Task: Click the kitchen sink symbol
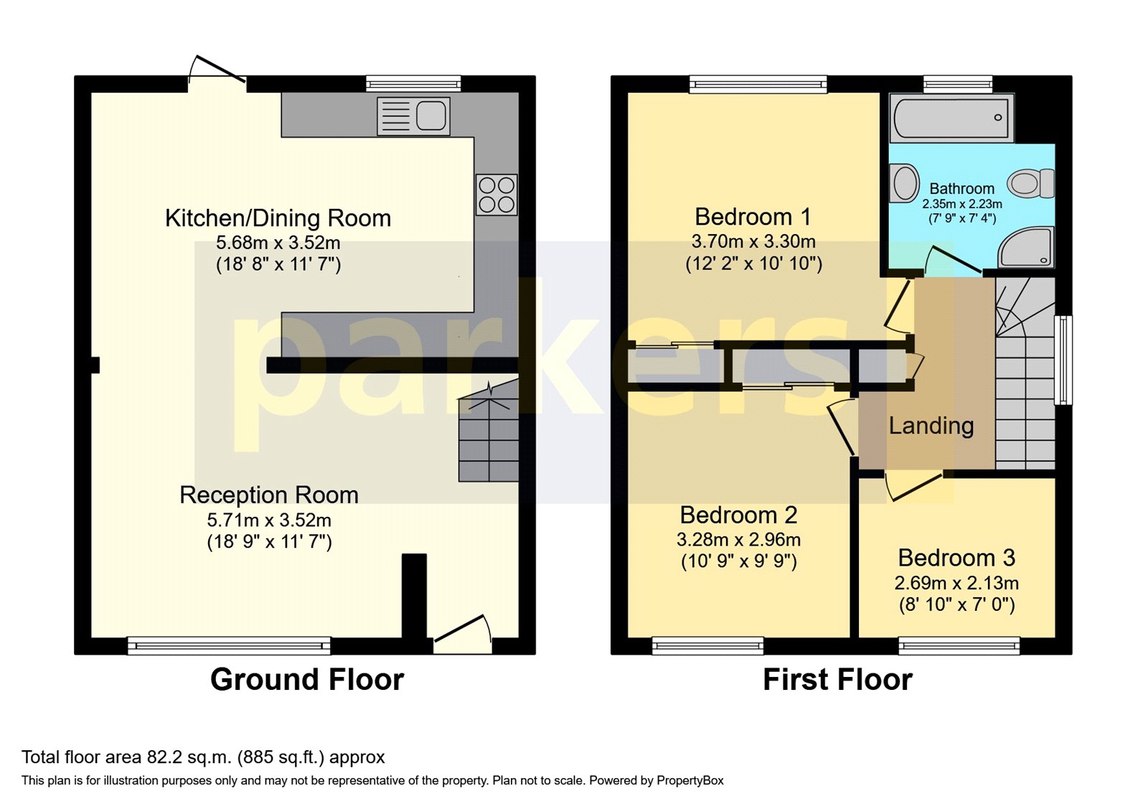tap(414, 116)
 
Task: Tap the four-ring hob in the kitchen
tap(497, 195)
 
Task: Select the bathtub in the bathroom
tap(952, 118)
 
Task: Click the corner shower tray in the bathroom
tap(1027, 247)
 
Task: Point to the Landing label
tap(931, 426)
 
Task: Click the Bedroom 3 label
tap(956, 558)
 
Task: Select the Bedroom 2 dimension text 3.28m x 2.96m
tap(738, 539)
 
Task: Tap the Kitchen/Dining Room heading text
tap(278, 218)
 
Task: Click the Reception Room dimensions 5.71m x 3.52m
tap(269, 520)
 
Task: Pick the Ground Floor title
tap(307, 679)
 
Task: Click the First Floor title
tap(837, 679)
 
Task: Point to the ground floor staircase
tap(489, 438)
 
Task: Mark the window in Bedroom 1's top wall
tap(758, 85)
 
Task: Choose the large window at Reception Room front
tap(229, 646)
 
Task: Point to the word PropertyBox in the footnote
tap(690, 780)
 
